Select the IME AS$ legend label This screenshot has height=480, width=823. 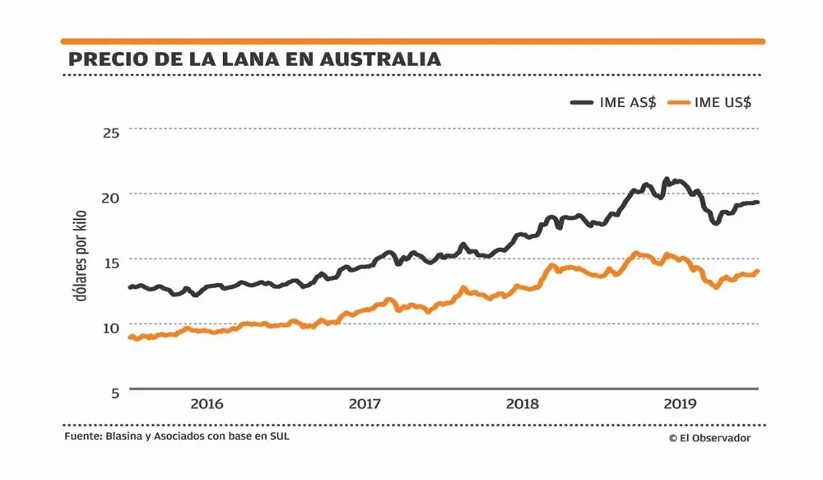pyautogui.click(x=628, y=103)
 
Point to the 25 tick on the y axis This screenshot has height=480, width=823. pyautogui.click(x=109, y=132)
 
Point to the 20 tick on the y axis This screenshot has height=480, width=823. pyautogui.click(x=109, y=197)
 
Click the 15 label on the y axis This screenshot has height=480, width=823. pyautogui.click(x=109, y=262)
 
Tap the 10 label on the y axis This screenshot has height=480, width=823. pyautogui.click(x=109, y=327)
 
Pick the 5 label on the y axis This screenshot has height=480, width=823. pyautogui.click(x=114, y=392)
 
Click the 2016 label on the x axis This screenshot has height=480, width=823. pyautogui.click(x=207, y=404)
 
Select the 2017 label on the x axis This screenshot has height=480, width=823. pyautogui.click(x=365, y=404)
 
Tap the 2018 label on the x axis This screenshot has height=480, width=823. pyautogui.click(x=523, y=404)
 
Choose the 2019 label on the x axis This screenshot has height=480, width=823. pyautogui.click(x=681, y=404)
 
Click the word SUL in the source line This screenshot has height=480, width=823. pyautogui.click(x=280, y=436)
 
